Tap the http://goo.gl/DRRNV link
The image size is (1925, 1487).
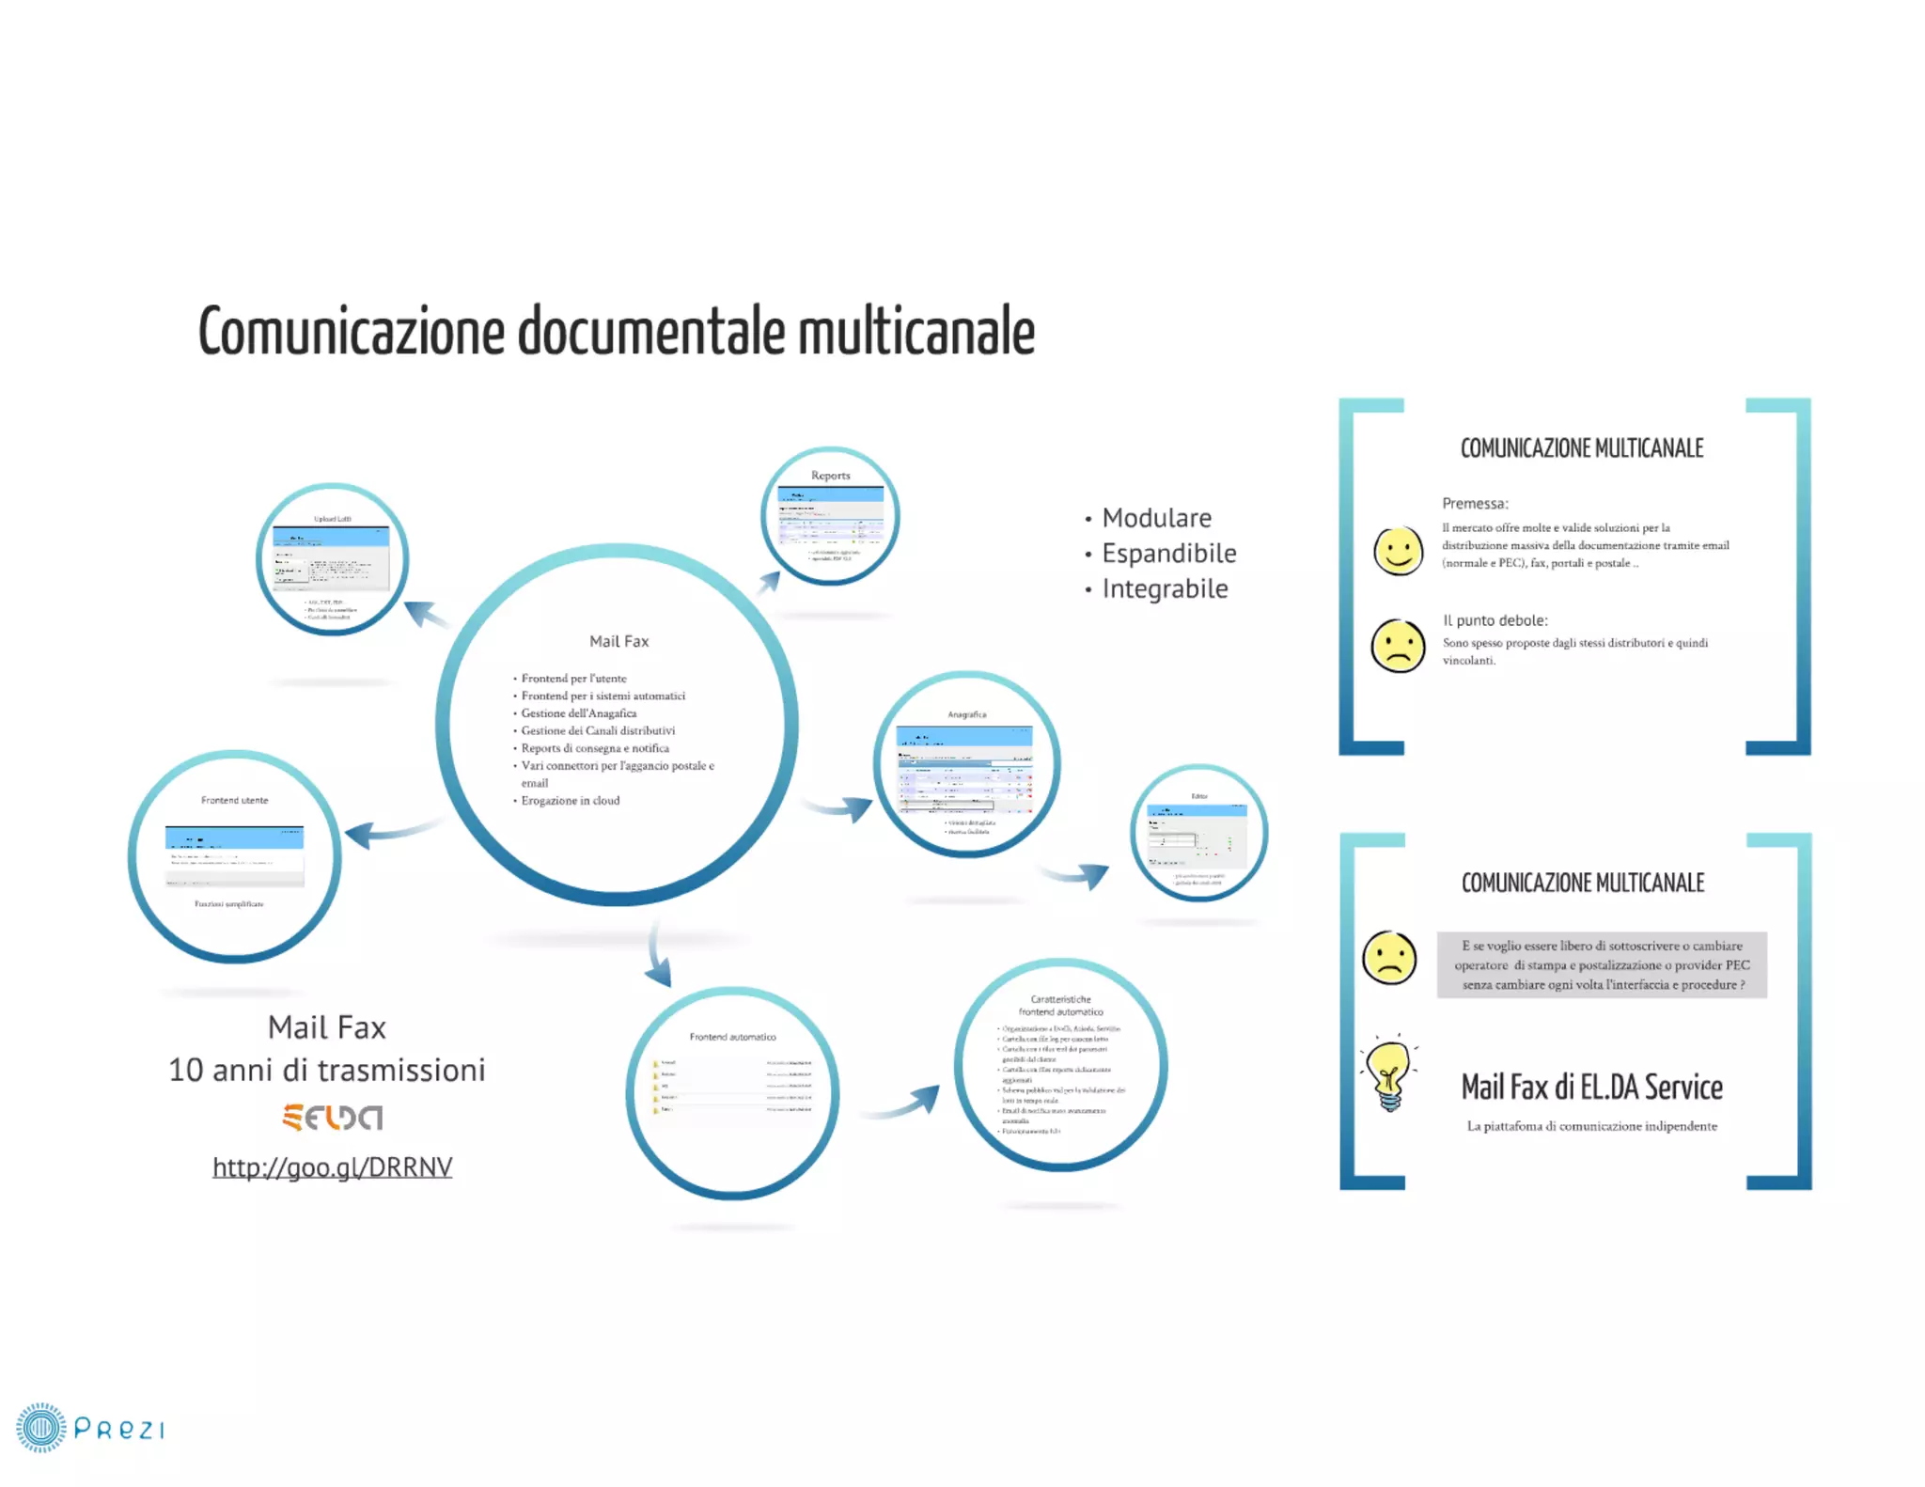pyautogui.click(x=332, y=1166)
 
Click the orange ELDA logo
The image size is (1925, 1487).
pyautogui.click(x=332, y=1117)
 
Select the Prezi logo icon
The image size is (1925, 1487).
pyautogui.click(x=41, y=1428)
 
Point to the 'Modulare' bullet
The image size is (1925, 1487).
pyautogui.click(x=1156, y=518)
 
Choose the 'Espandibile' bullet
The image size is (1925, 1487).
pyautogui.click(x=1168, y=554)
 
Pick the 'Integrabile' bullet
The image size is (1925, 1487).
pyautogui.click(x=1165, y=589)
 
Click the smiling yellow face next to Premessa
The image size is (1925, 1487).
pyautogui.click(x=1398, y=550)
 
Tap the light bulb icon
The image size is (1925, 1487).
pyautogui.click(x=1389, y=1076)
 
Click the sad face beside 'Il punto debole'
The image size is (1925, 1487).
pyautogui.click(x=1398, y=646)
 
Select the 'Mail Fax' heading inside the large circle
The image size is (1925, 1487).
pyautogui.click(x=618, y=641)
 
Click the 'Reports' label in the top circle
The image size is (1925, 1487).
pyautogui.click(x=830, y=476)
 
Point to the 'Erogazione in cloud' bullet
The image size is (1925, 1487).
pyautogui.click(x=571, y=801)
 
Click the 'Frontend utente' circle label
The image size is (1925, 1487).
pyautogui.click(x=234, y=801)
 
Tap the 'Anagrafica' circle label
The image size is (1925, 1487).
pyautogui.click(x=966, y=714)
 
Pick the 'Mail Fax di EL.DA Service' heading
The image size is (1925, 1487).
pyautogui.click(x=1591, y=1088)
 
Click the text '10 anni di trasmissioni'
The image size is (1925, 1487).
pyautogui.click(x=326, y=1070)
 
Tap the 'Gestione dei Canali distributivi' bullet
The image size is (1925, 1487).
pyautogui.click(x=598, y=731)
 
